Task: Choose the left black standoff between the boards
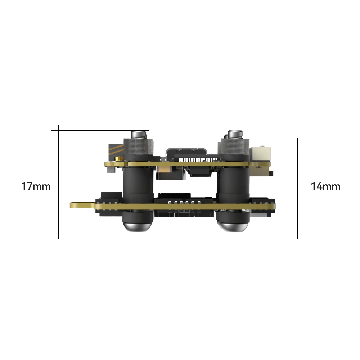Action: [x=138, y=184]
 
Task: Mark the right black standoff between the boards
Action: [x=233, y=184]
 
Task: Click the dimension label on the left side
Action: [x=36, y=186]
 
